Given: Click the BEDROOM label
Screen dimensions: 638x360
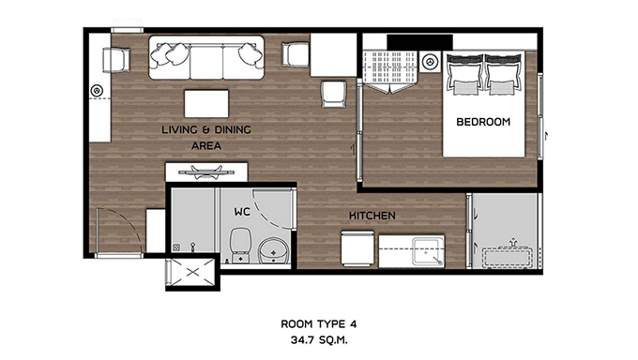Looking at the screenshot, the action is click(483, 122).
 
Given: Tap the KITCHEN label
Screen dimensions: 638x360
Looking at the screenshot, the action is click(372, 216).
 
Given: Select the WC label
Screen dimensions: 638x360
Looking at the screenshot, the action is click(242, 212).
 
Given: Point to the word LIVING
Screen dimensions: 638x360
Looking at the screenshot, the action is click(179, 129).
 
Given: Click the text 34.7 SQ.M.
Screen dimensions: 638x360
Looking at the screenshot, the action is click(319, 339).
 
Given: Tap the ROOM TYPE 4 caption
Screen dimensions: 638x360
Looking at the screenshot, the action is click(319, 323).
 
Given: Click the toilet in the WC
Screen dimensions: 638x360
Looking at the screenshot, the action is click(240, 245).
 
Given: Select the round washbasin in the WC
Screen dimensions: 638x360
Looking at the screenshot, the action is click(274, 250).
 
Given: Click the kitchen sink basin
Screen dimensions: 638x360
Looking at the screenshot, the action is click(426, 252).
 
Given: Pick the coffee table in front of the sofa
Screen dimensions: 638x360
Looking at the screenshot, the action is click(206, 104).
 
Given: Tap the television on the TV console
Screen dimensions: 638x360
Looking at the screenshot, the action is click(206, 172).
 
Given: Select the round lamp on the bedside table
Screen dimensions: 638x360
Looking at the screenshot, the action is click(430, 62).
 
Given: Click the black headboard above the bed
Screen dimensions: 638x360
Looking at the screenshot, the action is click(419, 42).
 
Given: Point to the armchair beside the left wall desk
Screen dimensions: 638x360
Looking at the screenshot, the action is click(116, 60).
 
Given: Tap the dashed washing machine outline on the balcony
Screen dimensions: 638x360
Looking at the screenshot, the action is click(508, 257).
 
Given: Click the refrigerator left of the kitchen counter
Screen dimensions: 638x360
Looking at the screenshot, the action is click(357, 248).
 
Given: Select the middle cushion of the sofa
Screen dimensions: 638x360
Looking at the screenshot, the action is click(206, 62).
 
